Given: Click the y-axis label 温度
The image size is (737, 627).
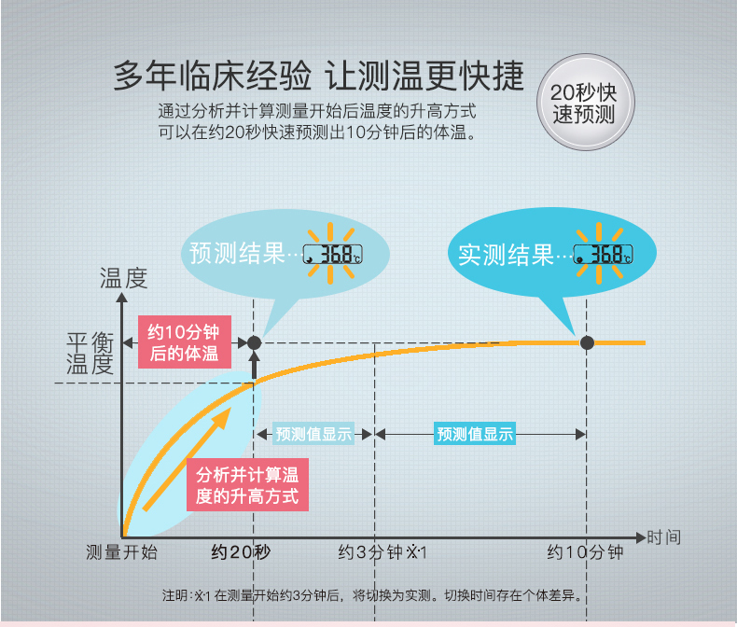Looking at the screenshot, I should click(123, 277).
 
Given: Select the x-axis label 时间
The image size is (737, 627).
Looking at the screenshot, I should click(663, 537).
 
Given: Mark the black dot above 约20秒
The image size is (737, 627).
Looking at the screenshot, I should click(254, 342).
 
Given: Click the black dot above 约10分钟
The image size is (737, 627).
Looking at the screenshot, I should click(587, 342).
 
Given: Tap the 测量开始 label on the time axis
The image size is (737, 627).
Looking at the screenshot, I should click(121, 552).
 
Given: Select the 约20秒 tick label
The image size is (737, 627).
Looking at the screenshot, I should click(241, 552).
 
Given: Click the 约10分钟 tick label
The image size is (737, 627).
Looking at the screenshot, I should click(585, 552).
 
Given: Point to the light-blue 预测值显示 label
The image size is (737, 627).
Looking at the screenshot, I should click(314, 434).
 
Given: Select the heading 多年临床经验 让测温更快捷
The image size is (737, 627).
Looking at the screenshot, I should click(318, 76).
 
